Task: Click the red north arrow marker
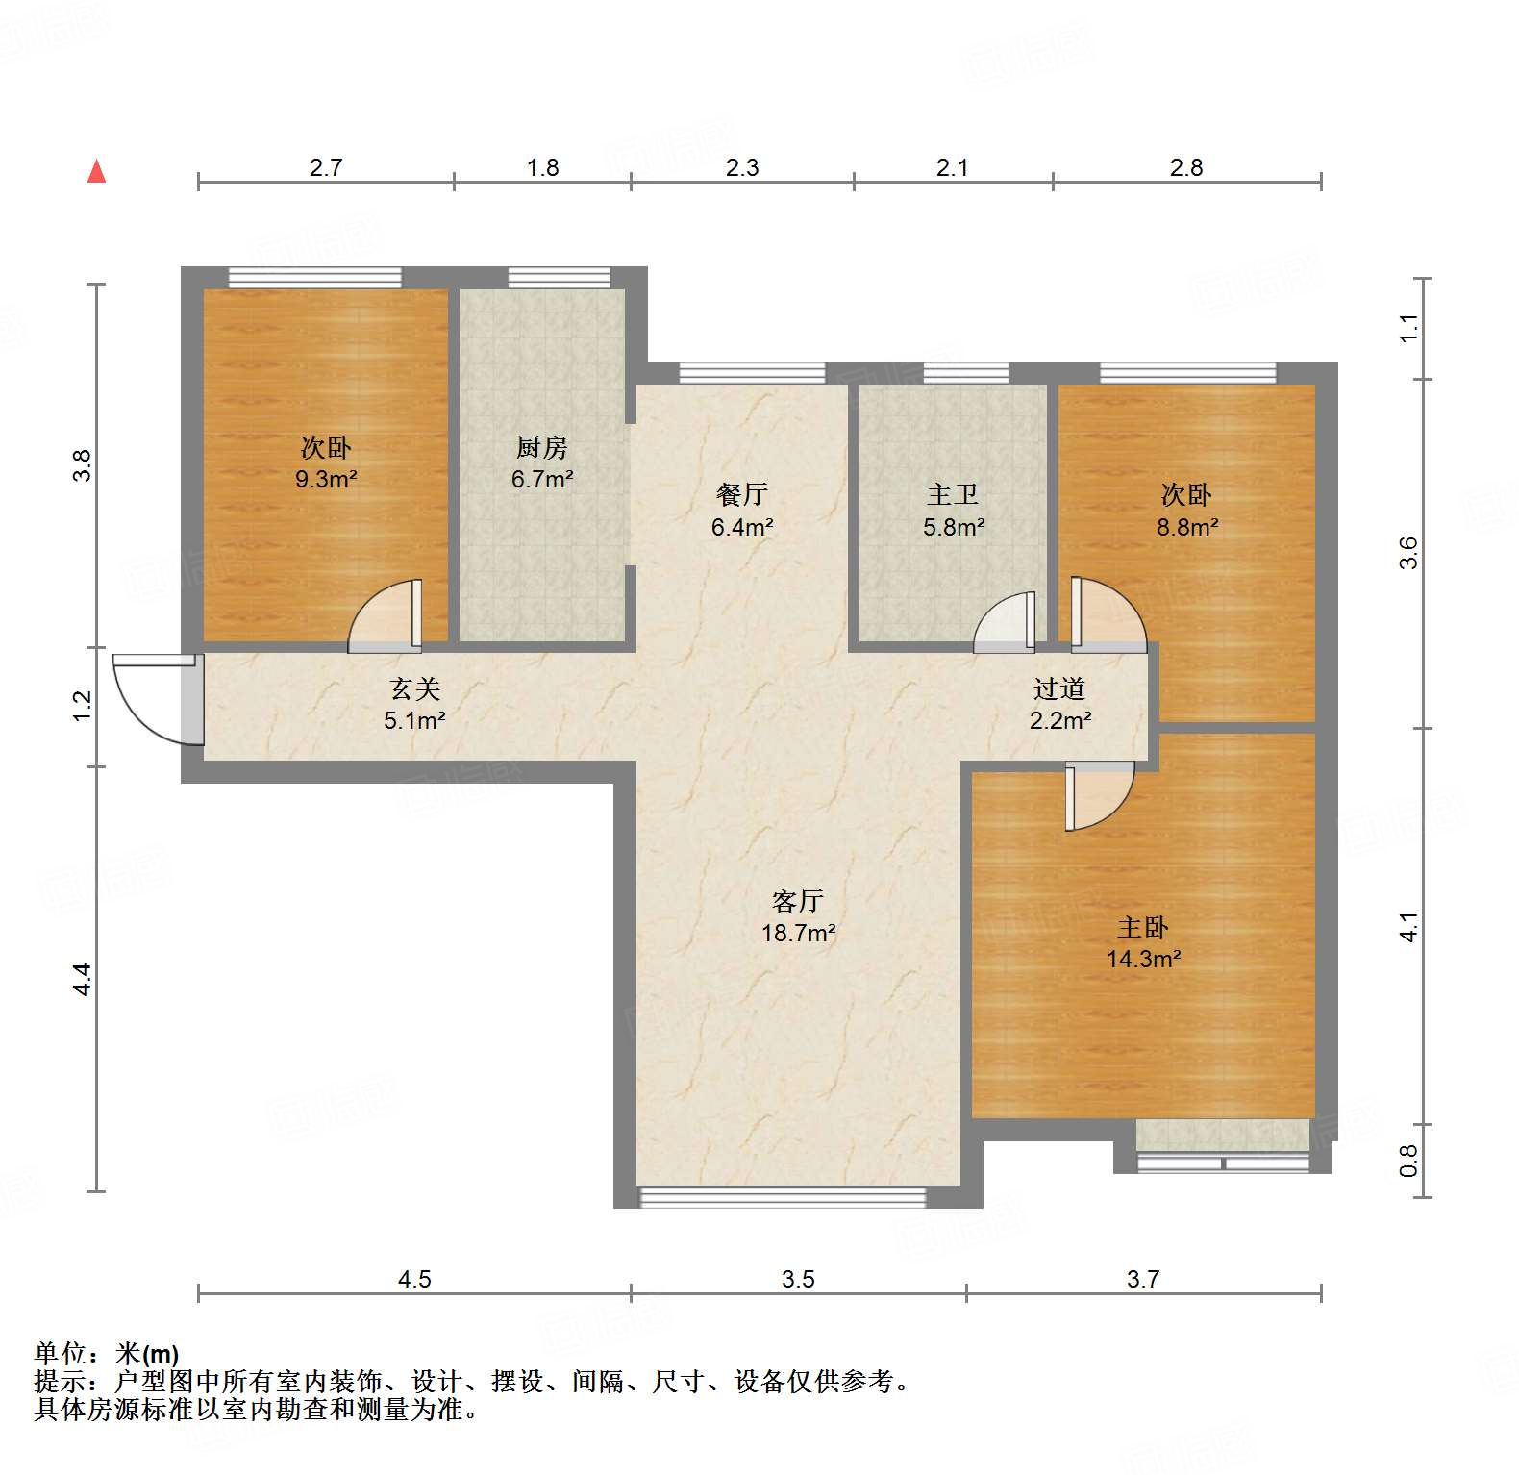click(96, 172)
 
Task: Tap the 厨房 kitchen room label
click(542, 447)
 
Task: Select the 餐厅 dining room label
click(742, 494)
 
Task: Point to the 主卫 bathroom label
click(953, 494)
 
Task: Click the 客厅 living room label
click(798, 901)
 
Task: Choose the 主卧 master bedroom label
click(1143, 927)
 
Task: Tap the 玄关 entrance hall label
click(415, 688)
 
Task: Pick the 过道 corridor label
click(1059, 688)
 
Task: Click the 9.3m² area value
click(326, 479)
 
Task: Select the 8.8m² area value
click(1187, 527)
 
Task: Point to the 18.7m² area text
click(798, 933)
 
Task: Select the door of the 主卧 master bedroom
click(1098, 796)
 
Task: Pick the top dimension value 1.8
click(542, 167)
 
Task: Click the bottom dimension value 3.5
click(798, 1279)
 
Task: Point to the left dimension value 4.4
click(83, 979)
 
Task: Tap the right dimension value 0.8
click(1408, 1161)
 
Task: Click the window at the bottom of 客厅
click(783, 1197)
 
